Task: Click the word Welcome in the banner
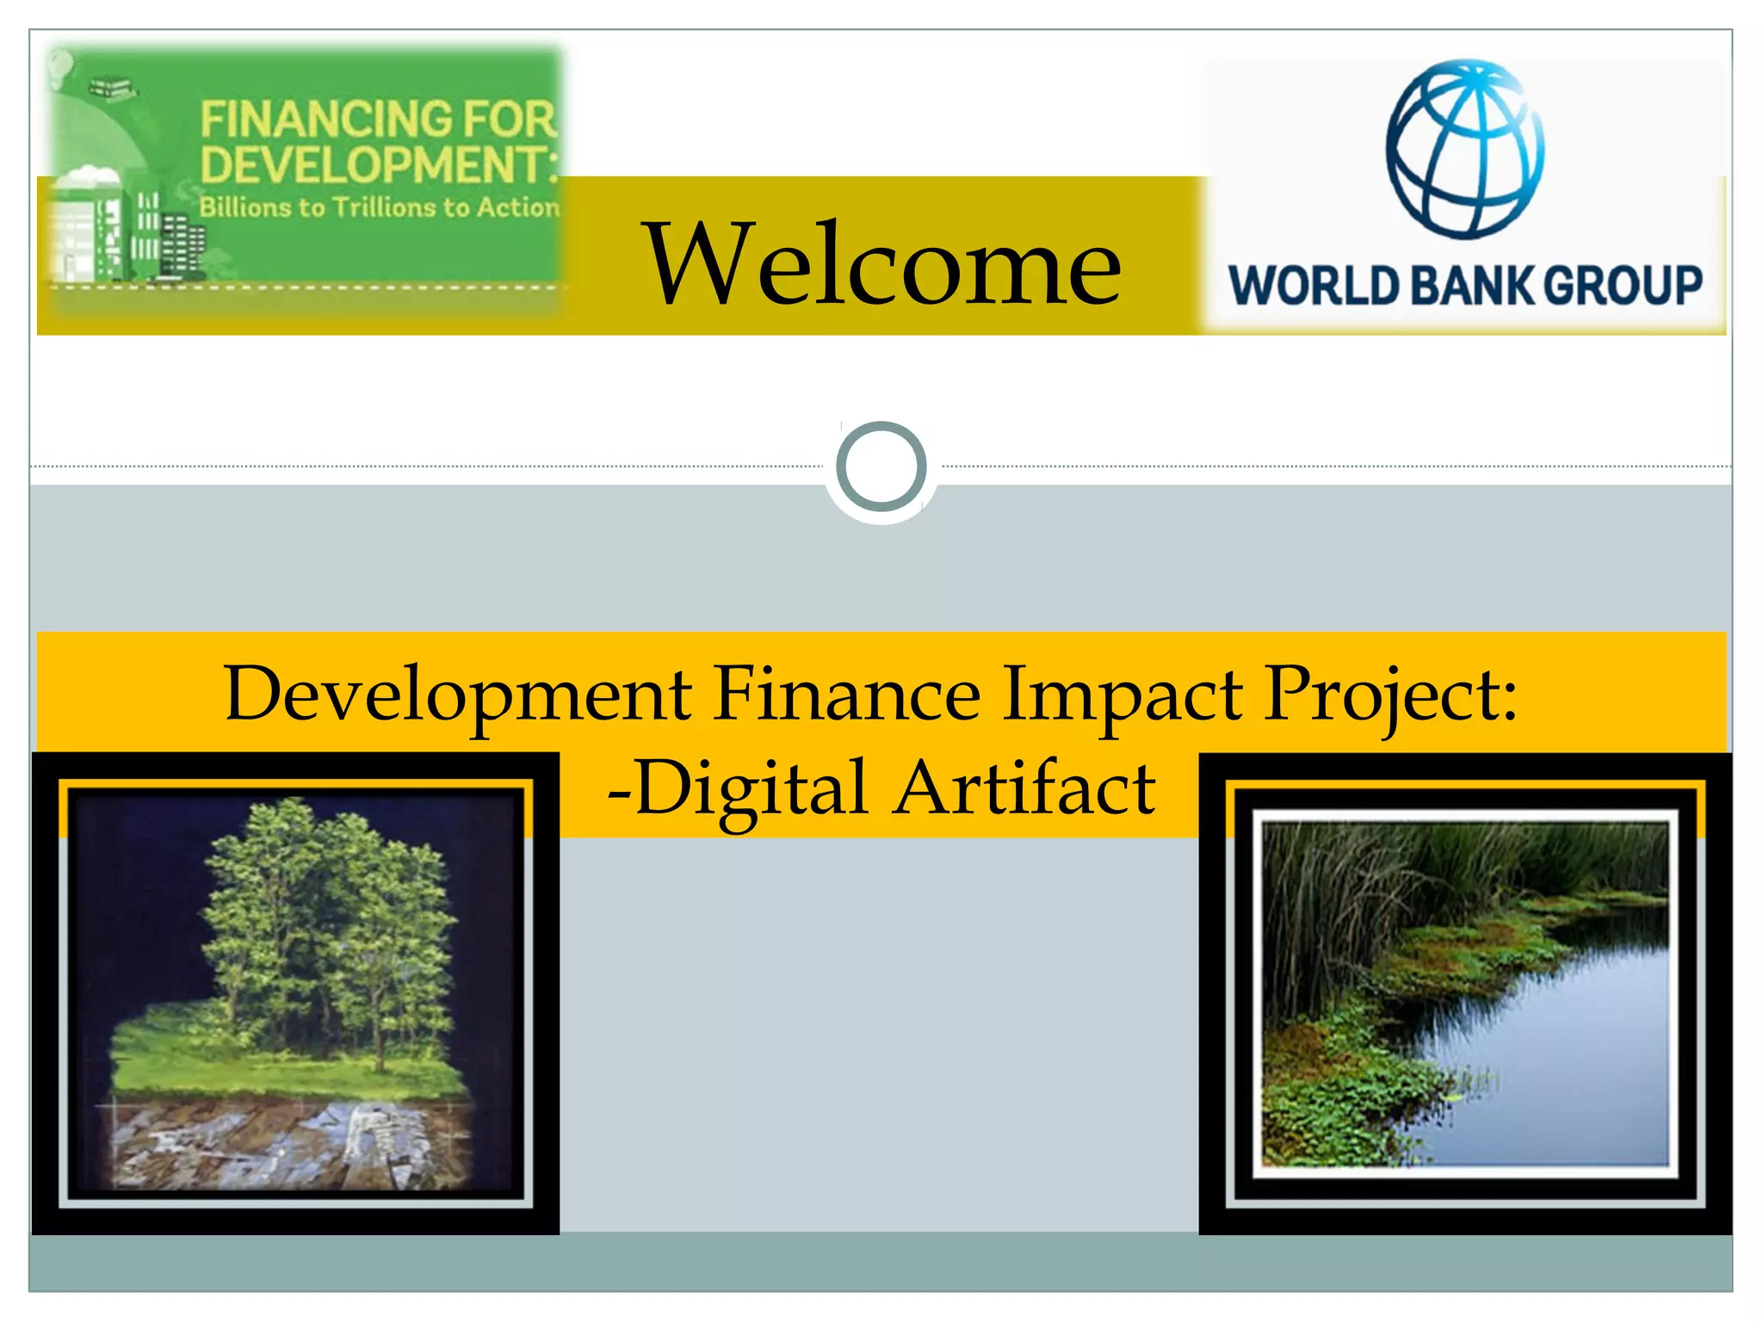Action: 883,264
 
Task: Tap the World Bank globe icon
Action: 1464,149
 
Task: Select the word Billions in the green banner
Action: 245,207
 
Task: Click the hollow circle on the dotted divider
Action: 881,466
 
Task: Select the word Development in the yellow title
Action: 457,694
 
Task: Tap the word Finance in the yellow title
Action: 847,694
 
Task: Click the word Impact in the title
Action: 1122,694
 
